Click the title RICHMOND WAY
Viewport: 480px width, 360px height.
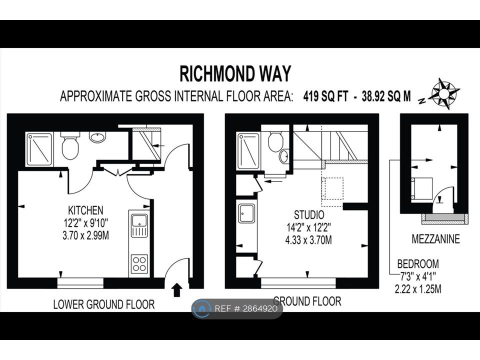coord(235,74)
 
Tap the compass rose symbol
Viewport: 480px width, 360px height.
coord(443,93)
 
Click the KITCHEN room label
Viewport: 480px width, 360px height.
coord(85,210)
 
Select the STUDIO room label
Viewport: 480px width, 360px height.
coord(309,214)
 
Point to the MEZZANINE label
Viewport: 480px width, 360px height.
coord(435,239)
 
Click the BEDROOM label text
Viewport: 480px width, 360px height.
coord(418,263)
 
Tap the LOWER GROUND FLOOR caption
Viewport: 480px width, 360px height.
coord(104,304)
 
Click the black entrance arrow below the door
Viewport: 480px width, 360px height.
coord(176,290)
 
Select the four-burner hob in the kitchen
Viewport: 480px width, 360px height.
coord(139,264)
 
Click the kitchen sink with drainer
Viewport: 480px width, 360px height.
coord(139,225)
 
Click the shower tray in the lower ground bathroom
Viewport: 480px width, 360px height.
coord(39,149)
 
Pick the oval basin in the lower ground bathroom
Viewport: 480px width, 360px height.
coord(97,137)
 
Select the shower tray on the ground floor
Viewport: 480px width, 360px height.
coord(249,151)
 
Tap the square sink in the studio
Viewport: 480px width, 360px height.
coord(246,213)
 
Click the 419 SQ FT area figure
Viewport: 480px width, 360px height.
coord(325,96)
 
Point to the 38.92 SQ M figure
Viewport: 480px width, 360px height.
coord(386,96)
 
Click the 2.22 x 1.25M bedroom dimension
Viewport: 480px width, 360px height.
coord(418,288)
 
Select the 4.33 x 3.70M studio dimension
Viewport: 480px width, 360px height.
coord(308,239)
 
